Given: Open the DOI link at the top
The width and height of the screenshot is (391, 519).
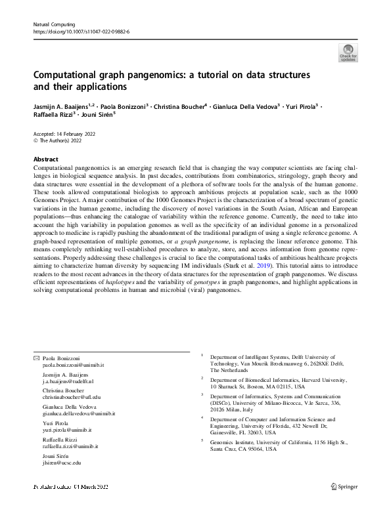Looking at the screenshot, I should click(x=81, y=31).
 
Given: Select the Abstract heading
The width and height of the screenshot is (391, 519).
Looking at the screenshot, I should click(x=46, y=159).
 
